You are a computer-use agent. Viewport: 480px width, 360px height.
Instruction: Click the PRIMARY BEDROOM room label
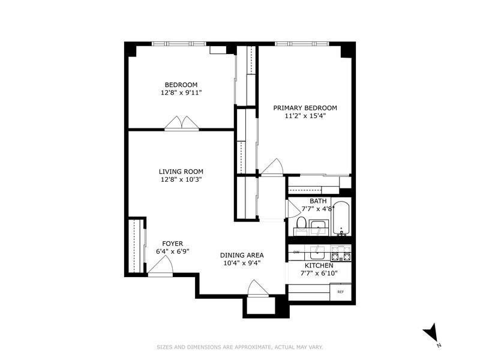point(305,108)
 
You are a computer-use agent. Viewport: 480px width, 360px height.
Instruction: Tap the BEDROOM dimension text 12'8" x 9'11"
point(181,93)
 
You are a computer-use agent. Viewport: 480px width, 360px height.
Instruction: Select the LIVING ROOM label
point(181,170)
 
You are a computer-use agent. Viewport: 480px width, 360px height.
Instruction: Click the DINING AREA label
point(242,254)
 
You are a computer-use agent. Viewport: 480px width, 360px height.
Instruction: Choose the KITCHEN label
point(319,265)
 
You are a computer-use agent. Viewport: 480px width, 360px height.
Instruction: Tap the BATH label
point(318,201)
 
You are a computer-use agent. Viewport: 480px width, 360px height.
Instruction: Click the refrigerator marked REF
point(340,292)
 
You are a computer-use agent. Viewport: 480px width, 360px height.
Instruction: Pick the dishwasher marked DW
point(296,253)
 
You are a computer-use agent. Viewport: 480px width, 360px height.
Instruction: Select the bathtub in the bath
point(340,219)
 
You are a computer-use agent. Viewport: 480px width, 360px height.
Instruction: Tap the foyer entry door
point(158,269)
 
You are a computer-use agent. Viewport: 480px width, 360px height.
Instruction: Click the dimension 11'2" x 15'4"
point(305,116)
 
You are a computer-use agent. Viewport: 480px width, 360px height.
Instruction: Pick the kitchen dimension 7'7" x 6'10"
point(319,274)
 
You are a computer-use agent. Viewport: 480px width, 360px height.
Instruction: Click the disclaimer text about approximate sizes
point(240,347)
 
